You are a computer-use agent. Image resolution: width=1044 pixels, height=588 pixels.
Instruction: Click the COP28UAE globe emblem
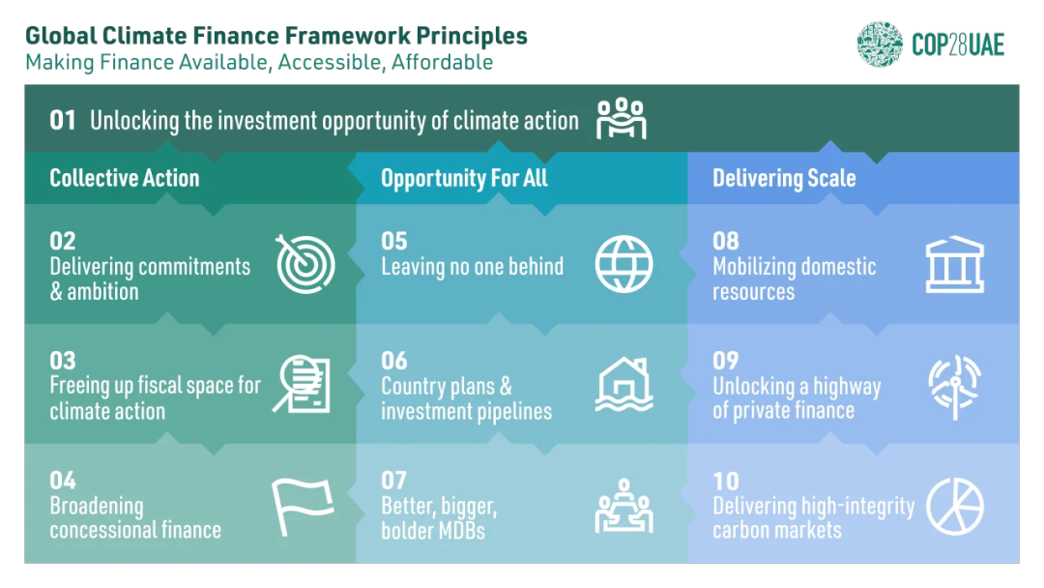click(880, 44)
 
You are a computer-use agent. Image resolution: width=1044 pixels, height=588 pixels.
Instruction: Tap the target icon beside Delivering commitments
click(305, 264)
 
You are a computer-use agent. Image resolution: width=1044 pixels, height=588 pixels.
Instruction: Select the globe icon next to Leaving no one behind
click(623, 264)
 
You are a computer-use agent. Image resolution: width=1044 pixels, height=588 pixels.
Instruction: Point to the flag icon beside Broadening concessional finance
click(303, 507)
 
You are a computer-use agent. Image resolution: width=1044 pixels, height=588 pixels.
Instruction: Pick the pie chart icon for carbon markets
click(955, 506)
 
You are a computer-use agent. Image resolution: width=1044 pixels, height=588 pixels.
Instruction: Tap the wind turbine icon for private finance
click(955, 387)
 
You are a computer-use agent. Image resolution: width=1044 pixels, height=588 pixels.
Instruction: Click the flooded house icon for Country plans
click(623, 384)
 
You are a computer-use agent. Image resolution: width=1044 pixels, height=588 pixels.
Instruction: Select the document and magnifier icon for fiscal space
click(302, 384)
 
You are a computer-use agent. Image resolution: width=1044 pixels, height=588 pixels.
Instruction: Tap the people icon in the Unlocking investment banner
click(622, 119)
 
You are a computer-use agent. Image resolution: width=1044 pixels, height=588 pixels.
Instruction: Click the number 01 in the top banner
click(63, 121)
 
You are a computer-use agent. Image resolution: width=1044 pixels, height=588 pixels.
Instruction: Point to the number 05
click(394, 241)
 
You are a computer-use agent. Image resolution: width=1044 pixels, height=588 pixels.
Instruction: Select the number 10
click(726, 481)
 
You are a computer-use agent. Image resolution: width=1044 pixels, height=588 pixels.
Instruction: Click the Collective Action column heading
click(125, 178)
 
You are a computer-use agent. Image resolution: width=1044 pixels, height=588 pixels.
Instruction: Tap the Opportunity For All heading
click(464, 179)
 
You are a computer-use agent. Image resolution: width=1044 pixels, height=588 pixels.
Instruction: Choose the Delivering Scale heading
click(784, 179)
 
